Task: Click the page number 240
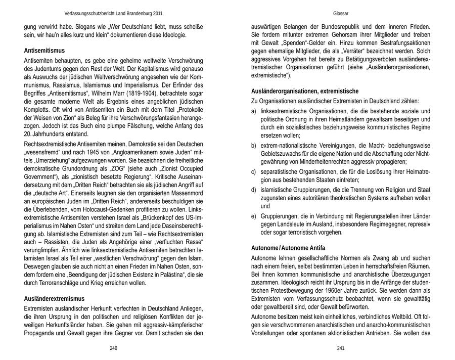[x=113, y=348]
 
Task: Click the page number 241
[x=340, y=348]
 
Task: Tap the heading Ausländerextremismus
[x=54, y=298]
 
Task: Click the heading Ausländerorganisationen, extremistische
[x=305, y=91]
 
